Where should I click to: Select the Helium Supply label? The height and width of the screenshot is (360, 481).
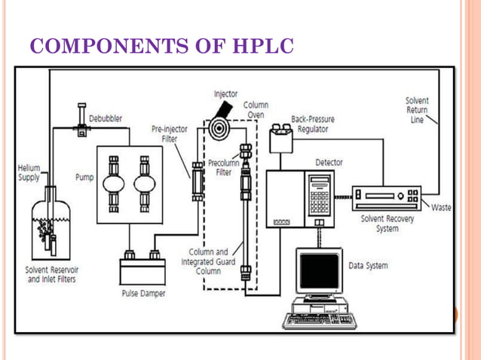(29, 172)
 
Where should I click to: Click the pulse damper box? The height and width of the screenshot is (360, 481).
(144, 270)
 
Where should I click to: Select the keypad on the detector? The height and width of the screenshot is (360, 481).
(320, 197)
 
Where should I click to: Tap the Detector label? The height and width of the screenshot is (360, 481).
(331, 162)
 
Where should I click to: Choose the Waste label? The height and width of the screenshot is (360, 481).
(441, 208)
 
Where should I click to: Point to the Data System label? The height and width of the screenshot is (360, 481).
(369, 265)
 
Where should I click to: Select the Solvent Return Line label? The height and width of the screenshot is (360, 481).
(417, 109)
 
